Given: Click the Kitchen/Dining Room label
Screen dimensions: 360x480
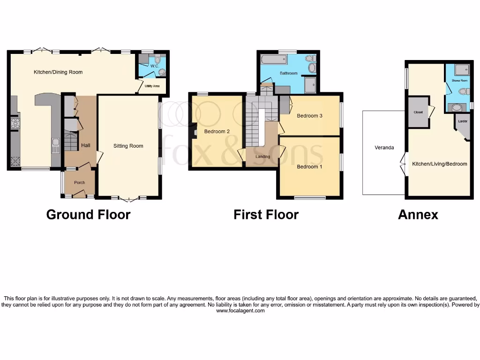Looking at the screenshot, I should (x=58, y=72).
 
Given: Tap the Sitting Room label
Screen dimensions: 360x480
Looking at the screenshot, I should (x=128, y=146).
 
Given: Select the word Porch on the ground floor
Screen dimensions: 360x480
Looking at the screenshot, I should (x=80, y=182).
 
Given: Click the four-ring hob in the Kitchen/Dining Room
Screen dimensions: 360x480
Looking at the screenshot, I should (x=15, y=123).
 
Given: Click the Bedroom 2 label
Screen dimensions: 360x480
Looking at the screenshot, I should (x=217, y=132).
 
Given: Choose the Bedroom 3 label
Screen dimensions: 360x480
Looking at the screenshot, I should (x=309, y=116).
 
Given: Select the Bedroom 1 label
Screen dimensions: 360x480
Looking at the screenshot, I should (x=309, y=166).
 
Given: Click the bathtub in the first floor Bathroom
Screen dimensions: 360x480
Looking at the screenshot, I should (x=273, y=60).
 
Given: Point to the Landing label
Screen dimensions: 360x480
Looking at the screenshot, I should (x=262, y=156).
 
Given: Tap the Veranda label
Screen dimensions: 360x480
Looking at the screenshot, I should (x=384, y=148).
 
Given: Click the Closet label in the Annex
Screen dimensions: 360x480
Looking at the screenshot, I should (x=418, y=112).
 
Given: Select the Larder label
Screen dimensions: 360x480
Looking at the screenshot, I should (x=463, y=121).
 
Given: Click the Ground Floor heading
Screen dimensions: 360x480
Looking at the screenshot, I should (x=88, y=215).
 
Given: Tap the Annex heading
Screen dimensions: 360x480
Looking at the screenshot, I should (x=418, y=215).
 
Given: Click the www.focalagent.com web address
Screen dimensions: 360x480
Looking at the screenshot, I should (x=240, y=311).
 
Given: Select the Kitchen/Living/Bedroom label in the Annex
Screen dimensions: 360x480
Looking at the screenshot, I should (x=439, y=164).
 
